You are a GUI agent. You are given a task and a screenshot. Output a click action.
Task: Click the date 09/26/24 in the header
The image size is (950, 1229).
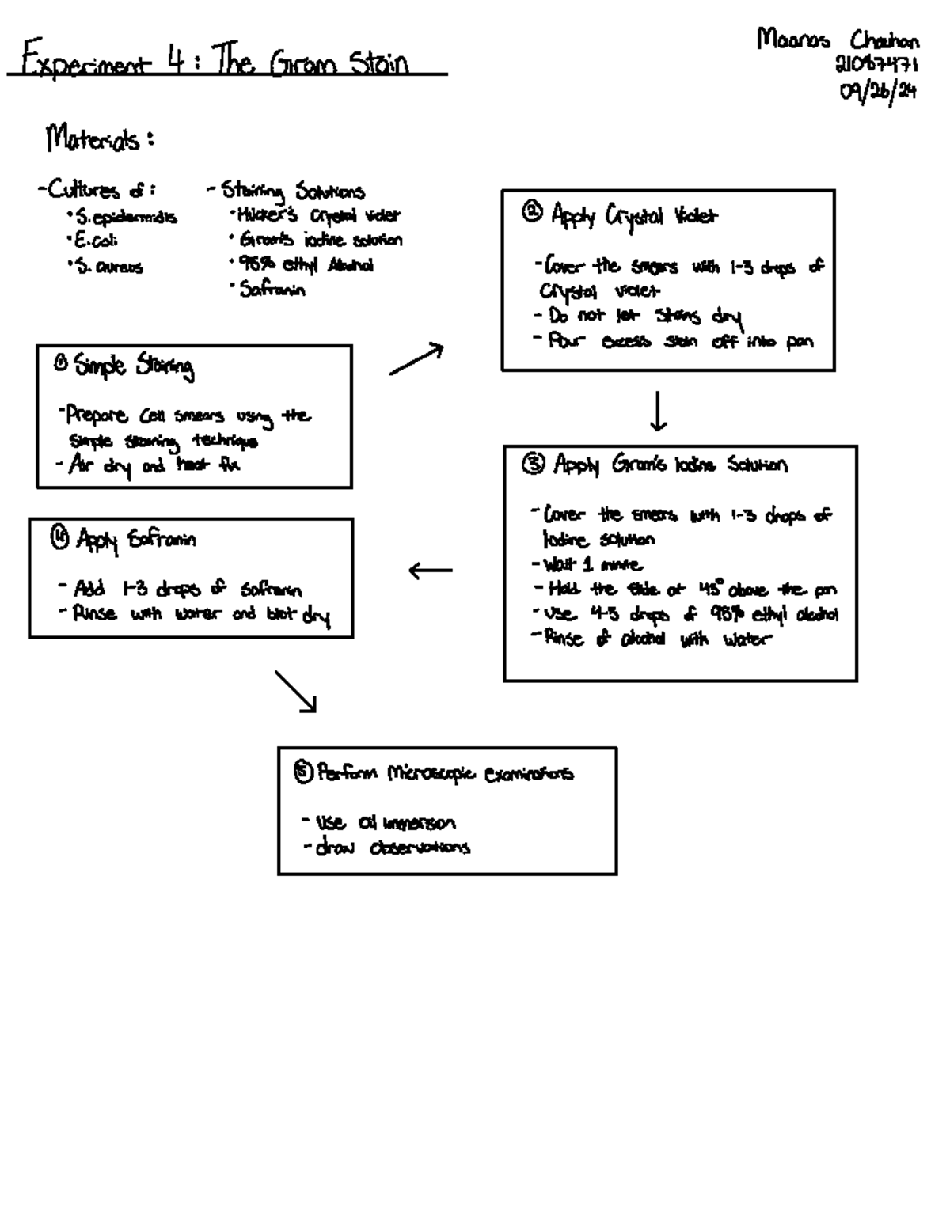tap(878, 92)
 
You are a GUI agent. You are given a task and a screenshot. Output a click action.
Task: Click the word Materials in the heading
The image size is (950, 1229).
tap(93, 139)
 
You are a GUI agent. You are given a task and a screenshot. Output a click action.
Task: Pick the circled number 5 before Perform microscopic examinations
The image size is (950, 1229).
tap(303, 770)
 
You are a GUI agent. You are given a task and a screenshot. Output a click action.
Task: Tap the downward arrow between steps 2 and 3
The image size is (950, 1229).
tap(658, 411)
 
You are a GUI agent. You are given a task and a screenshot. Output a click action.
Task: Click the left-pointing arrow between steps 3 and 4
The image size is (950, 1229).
tap(431, 570)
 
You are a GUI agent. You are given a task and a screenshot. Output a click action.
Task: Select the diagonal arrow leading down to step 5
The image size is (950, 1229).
tap(296, 692)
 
